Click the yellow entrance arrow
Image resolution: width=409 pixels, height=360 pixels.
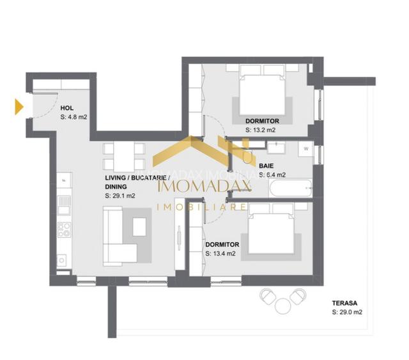[19, 107]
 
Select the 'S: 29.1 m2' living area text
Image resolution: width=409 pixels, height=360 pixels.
[120, 196]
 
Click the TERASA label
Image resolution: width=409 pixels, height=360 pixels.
[344, 303]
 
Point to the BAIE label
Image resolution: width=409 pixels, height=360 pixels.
[266, 166]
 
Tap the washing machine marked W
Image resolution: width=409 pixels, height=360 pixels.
[306, 150]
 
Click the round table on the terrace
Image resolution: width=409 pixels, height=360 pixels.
[282, 305]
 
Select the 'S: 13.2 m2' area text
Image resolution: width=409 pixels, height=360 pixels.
[260, 130]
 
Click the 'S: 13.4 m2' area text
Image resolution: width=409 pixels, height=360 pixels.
[220, 253]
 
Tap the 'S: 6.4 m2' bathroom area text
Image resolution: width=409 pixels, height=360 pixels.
[272, 175]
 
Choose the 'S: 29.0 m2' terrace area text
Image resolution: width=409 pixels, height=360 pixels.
[348, 313]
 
